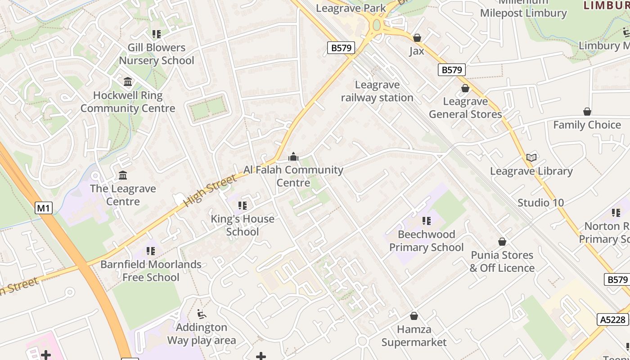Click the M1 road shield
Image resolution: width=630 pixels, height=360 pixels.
44,208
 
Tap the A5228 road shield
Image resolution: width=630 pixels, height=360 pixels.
613,319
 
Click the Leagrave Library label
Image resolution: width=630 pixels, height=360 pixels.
531,171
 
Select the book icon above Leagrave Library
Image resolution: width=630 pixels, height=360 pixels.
531,157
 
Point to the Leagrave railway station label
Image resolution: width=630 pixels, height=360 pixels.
377,91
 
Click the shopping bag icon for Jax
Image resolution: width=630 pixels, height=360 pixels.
417,38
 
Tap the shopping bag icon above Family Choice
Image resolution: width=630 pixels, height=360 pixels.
587,112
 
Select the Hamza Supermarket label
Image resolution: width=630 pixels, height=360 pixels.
414,336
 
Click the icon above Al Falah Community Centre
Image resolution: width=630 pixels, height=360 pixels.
293,157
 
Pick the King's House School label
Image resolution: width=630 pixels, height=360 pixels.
243,225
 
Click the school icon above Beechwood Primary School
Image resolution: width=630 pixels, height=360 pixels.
426,221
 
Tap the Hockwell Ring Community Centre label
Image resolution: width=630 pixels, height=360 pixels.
128,102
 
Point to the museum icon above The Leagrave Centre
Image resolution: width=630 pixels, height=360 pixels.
123,175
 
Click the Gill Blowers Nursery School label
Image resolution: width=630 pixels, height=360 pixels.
157,54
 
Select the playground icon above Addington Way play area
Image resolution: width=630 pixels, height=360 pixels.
202,314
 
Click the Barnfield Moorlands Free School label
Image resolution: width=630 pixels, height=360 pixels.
151,270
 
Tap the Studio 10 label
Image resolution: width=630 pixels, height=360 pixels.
540,202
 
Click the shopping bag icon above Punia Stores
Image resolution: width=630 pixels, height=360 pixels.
502,242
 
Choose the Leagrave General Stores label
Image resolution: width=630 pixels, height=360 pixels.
465,108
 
